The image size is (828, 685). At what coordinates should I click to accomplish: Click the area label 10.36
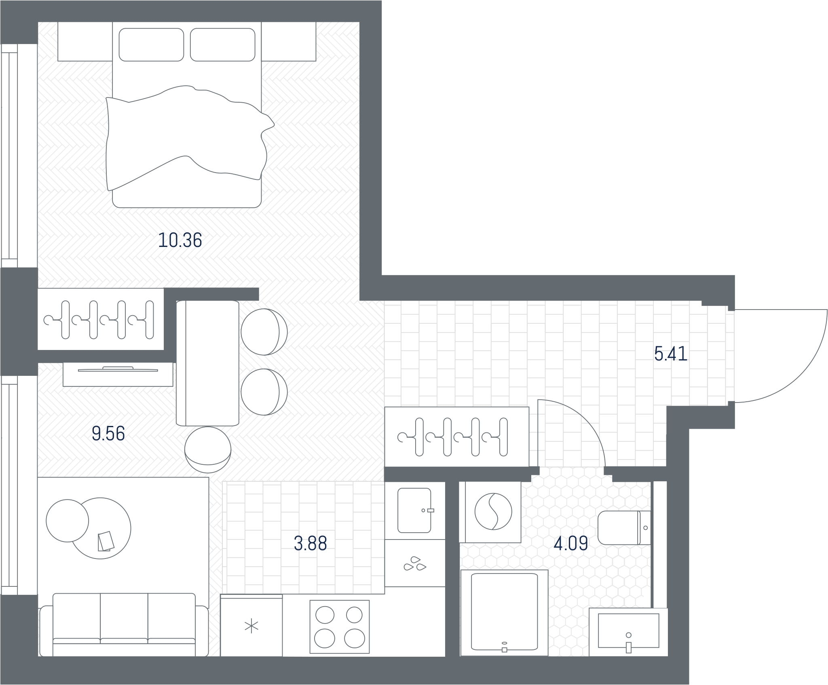(180, 240)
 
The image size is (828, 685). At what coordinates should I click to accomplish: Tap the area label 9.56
(108, 434)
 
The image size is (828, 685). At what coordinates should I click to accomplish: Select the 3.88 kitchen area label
(310, 544)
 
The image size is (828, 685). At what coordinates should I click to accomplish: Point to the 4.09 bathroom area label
(571, 544)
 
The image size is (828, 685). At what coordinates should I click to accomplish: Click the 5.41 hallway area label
(671, 354)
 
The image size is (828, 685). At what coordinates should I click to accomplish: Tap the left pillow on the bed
(151, 45)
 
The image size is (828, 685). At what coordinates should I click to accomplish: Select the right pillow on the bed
(223, 45)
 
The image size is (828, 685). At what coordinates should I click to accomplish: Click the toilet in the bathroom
(624, 527)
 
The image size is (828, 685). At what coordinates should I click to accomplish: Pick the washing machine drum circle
(493, 511)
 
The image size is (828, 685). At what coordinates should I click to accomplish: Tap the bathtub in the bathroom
(504, 613)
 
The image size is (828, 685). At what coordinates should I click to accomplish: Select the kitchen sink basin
(414, 510)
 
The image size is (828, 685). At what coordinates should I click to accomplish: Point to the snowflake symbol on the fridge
(251, 626)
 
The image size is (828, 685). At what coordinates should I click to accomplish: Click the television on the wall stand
(118, 369)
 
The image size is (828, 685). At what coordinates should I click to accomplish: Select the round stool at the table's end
(208, 450)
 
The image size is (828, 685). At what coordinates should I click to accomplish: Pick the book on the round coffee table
(106, 541)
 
